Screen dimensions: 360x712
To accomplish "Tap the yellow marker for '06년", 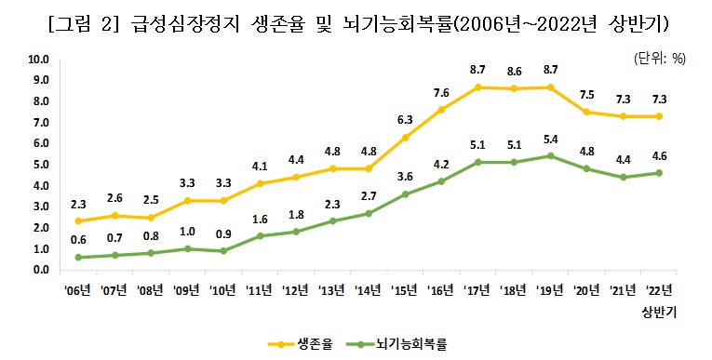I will (x=78, y=221).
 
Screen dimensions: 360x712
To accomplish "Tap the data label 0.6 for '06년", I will (x=78, y=240).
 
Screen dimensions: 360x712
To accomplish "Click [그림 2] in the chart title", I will (x=84, y=20).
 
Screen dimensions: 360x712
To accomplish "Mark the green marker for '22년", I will (x=659, y=173).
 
